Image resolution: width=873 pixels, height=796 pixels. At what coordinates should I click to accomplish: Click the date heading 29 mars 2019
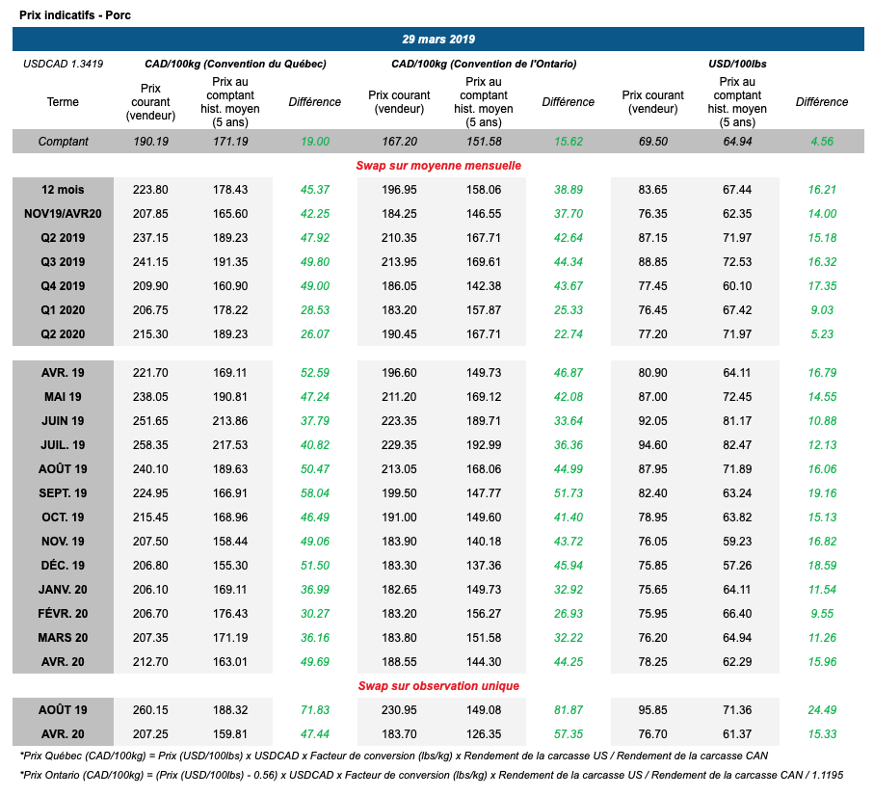point(438,40)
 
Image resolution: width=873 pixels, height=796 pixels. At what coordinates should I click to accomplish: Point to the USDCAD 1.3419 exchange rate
point(63,64)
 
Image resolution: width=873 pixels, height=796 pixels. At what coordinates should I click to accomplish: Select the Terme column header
point(63,102)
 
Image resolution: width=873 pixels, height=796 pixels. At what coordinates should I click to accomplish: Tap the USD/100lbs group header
point(737,64)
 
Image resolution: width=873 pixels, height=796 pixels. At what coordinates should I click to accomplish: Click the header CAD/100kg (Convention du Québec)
point(236,64)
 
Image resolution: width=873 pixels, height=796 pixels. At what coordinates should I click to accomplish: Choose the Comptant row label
point(64,142)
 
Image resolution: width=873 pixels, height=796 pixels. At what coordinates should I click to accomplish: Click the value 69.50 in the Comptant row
point(653,142)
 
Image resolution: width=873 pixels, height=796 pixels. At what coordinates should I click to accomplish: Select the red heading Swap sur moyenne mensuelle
point(439,166)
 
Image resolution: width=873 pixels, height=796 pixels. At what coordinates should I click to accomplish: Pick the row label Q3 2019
point(64,261)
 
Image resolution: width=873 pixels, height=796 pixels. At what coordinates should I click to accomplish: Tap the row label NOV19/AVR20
point(64,214)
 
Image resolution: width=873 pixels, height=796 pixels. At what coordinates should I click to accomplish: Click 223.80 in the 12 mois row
point(150,190)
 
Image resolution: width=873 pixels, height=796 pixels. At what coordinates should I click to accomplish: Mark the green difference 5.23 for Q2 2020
point(822,333)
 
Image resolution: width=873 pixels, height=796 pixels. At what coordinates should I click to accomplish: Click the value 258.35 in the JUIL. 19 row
point(150,444)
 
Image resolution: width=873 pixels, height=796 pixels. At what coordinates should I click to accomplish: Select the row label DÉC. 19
point(64,565)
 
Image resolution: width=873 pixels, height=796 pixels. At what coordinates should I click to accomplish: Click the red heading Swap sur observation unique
point(439,685)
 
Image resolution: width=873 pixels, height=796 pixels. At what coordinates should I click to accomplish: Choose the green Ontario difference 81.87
point(568,710)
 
